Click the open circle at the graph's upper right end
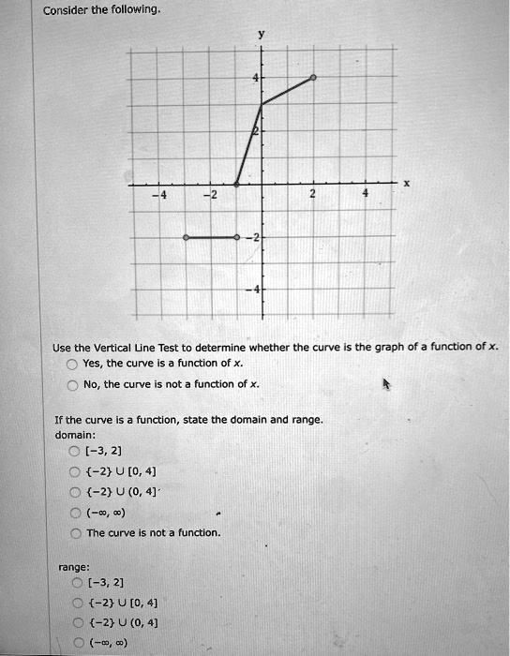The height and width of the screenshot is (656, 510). [x=312, y=78]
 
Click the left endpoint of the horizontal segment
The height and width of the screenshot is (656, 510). [x=186, y=239]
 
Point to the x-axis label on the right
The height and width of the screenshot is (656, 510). [x=405, y=184]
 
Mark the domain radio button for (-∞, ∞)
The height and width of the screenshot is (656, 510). [x=75, y=513]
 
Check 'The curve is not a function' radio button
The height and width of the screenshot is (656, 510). [x=75, y=532]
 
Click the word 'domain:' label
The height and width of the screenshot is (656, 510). [x=75, y=435]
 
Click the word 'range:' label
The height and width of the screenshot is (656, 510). [x=73, y=566]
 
